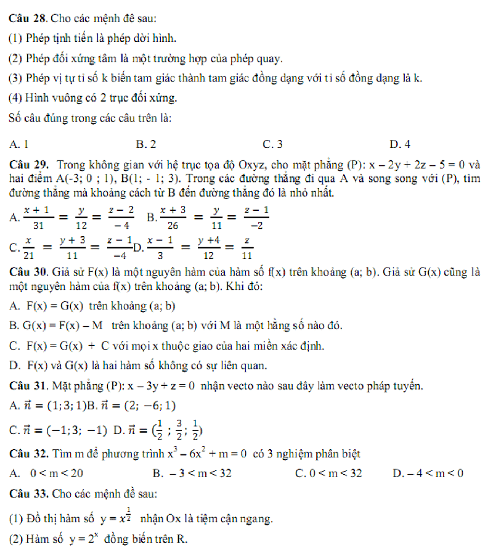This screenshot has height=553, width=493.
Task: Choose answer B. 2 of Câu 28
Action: [146, 144]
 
